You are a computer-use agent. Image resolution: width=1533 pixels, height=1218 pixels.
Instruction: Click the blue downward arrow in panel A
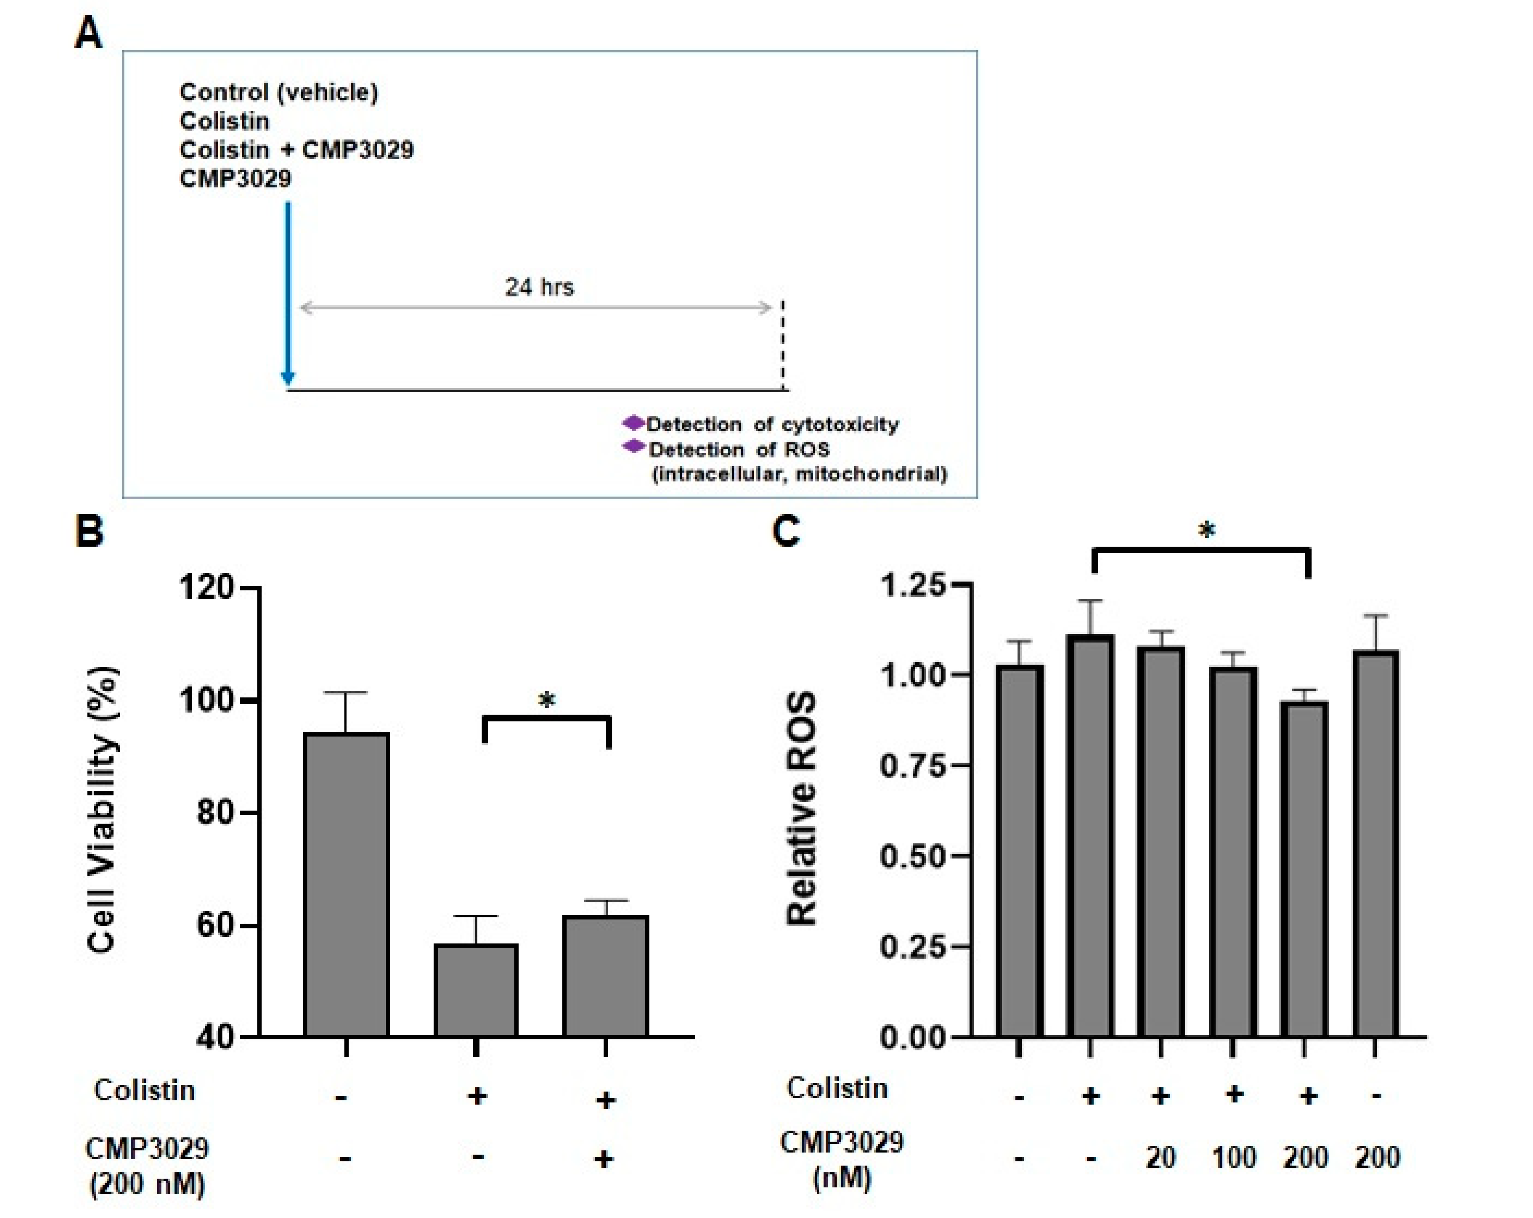[288, 292]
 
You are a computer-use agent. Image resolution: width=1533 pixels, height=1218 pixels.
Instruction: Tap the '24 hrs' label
[539, 287]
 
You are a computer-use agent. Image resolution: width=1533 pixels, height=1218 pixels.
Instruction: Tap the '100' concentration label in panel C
[1234, 1158]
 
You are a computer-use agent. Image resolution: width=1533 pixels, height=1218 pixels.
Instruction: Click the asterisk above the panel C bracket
[1206, 530]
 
